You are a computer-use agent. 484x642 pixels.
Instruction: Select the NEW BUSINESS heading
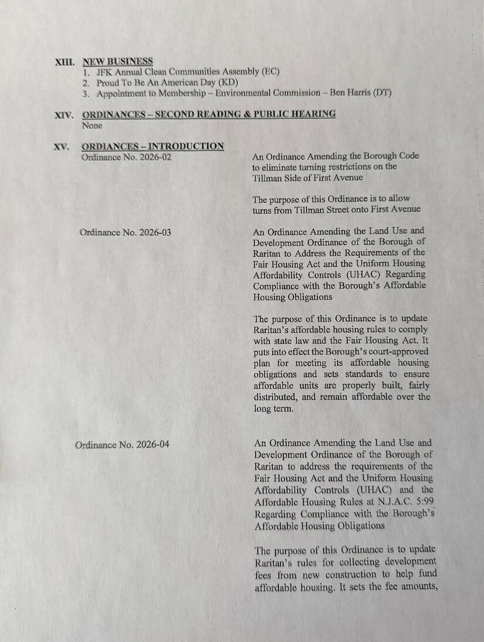click(117, 62)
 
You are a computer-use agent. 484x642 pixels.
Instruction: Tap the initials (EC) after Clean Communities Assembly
click(270, 72)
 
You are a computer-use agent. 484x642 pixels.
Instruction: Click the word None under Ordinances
click(93, 125)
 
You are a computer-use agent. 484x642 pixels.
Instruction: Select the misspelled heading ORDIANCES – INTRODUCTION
click(153, 146)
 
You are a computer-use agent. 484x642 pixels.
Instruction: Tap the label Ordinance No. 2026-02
click(126, 157)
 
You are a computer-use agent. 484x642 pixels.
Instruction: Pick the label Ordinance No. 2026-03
click(126, 232)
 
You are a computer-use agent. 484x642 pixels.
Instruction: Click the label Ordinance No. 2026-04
click(122, 444)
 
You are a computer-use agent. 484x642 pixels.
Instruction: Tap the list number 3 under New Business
click(86, 93)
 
